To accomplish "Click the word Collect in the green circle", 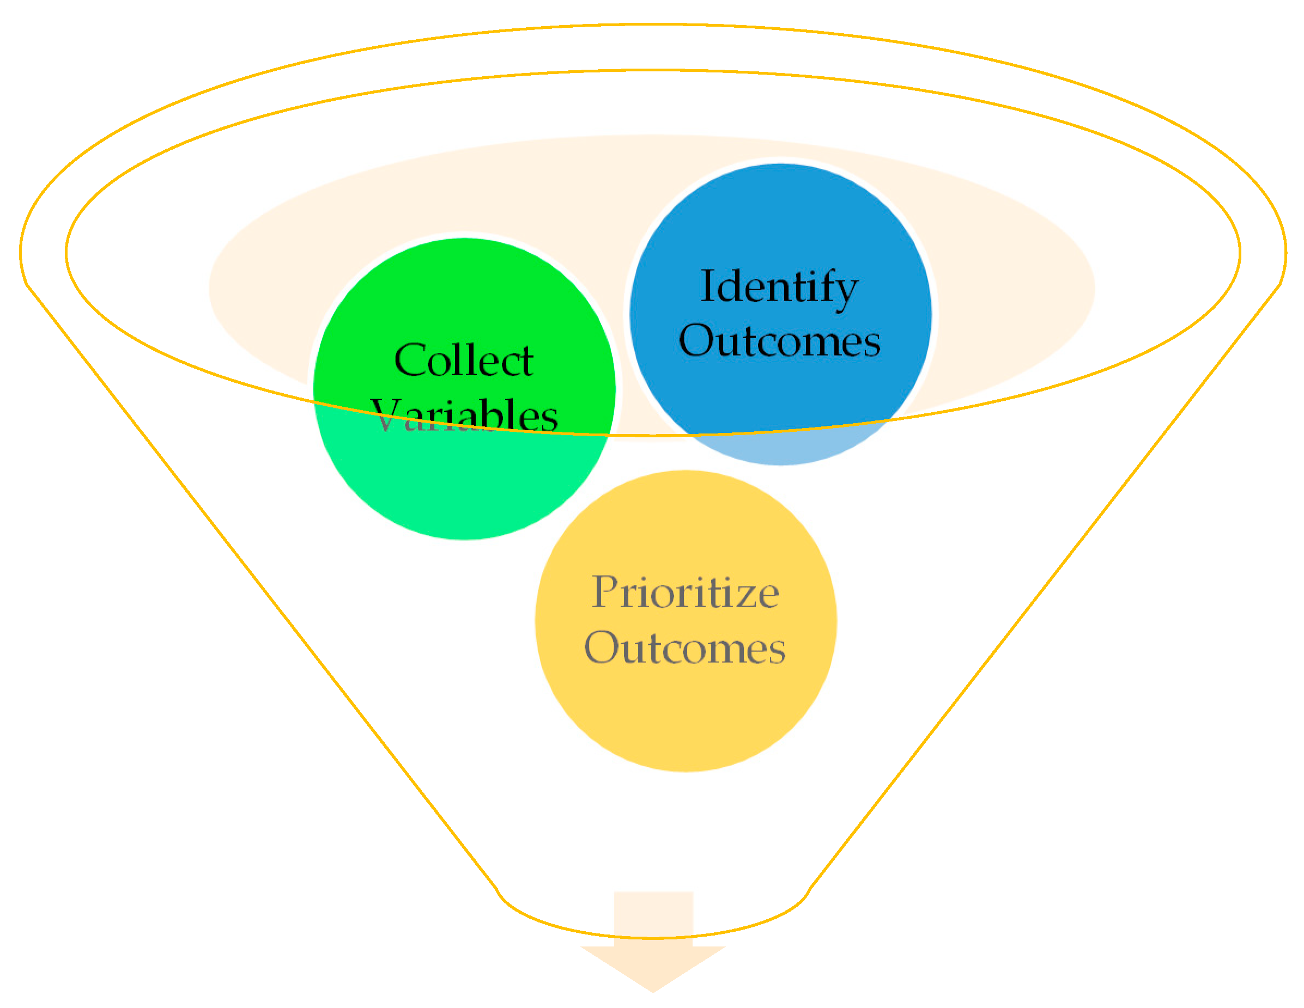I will [x=463, y=361].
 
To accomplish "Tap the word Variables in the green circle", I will [x=464, y=416].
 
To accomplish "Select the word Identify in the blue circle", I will [x=779, y=288].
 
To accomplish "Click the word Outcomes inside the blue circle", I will [x=779, y=341].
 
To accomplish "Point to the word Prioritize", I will [x=685, y=592].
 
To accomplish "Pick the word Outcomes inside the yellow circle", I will [x=685, y=648].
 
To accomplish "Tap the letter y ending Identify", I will [x=847, y=292].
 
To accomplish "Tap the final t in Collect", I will [x=525, y=362].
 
